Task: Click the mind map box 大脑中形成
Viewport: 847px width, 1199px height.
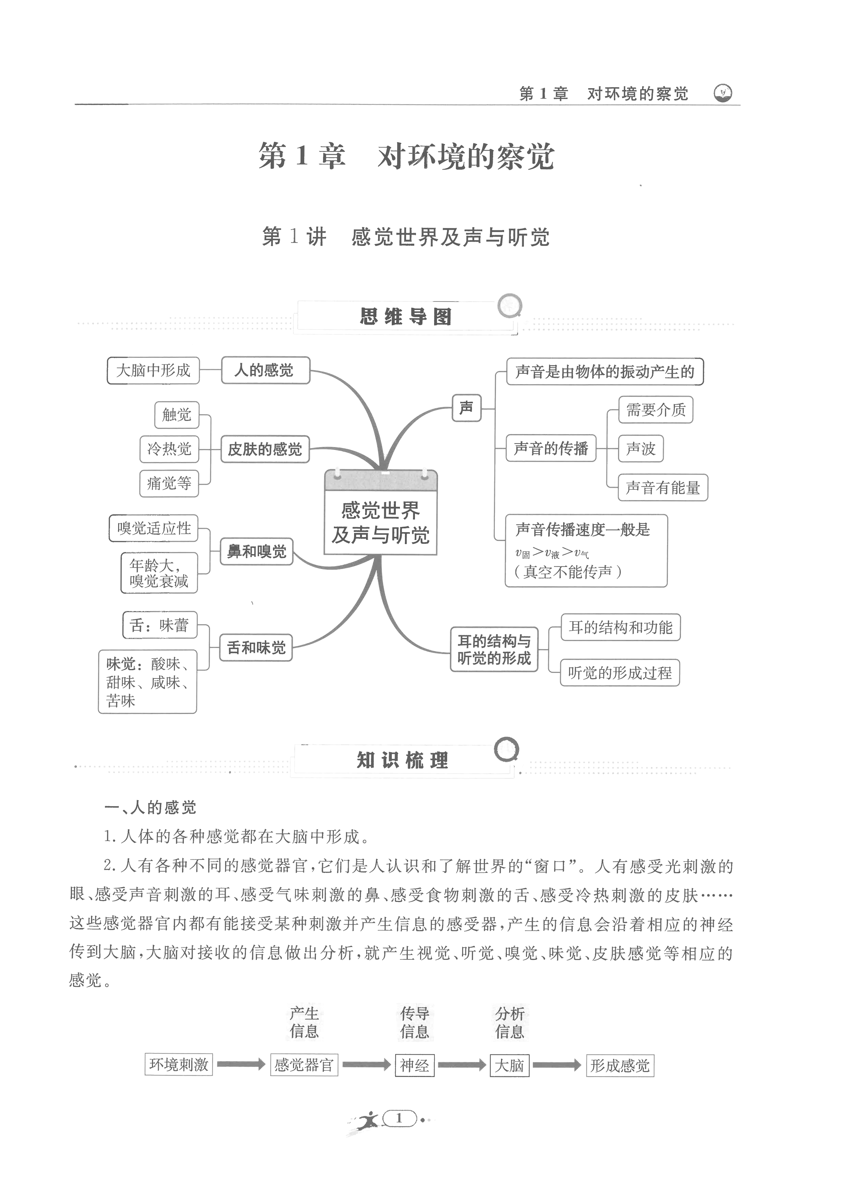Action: [153, 370]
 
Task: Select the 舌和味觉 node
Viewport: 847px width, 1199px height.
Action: [256, 648]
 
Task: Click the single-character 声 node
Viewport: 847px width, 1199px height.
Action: [466, 408]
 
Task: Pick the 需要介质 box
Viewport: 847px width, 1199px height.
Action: [655, 409]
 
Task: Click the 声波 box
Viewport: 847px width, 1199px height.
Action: [640, 448]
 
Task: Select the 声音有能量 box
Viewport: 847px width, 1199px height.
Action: [663, 488]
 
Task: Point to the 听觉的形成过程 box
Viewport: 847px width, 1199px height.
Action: [620, 673]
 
